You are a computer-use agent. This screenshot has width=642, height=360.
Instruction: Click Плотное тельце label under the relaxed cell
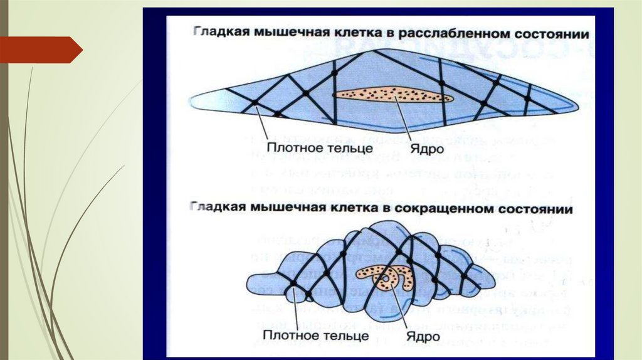[302, 149]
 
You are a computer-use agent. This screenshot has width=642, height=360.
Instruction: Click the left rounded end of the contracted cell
[249, 283]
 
